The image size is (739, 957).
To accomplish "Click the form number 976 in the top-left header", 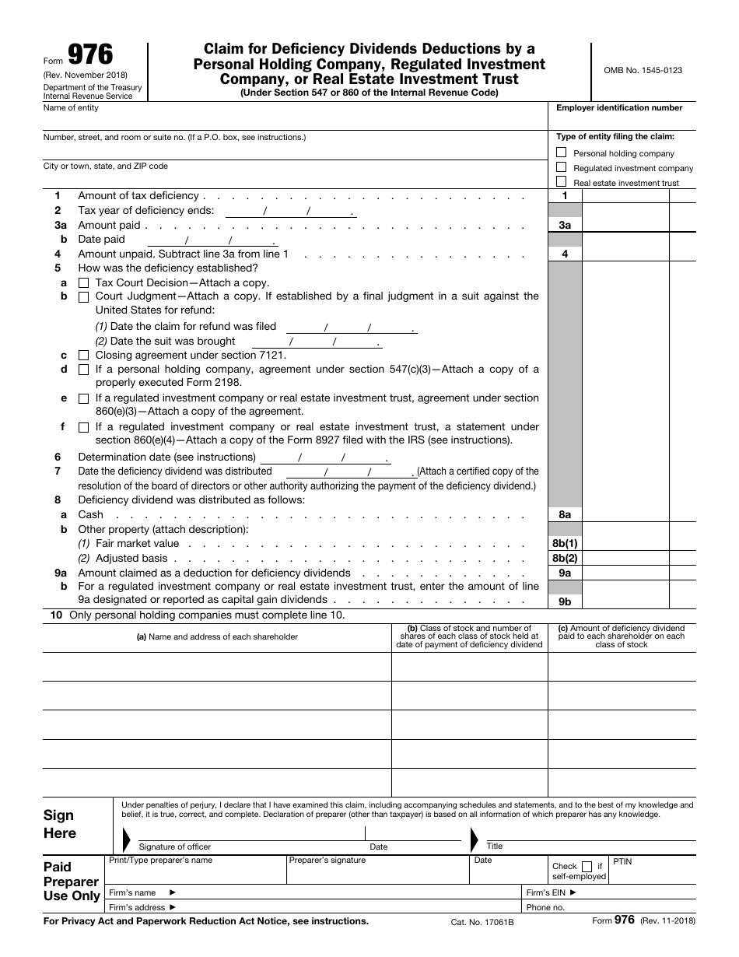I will pyautogui.click(x=89, y=55).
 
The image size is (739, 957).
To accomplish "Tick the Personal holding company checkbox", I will pyautogui.click(x=562, y=152).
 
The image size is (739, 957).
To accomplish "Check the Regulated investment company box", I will pyautogui.click(x=562, y=167).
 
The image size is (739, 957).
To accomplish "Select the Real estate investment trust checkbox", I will pyautogui.click(x=562, y=182).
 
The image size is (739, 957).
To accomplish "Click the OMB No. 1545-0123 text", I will pyautogui.click(x=643, y=70).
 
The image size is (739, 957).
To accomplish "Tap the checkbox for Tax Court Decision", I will pyautogui.click(x=83, y=283).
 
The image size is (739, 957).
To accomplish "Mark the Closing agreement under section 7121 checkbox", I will pyautogui.click(x=83, y=356).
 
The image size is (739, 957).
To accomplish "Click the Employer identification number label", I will pyautogui.click(x=619, y=108).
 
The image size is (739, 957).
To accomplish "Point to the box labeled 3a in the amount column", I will pyautogui.click(x=565, y=225).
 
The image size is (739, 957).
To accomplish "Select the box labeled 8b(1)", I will pyautogui.click(x=565, y=543).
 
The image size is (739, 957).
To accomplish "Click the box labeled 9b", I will pyautogui.click(x=565, y=601).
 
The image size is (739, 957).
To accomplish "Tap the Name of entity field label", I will pyautogui.click(x=71, y=108).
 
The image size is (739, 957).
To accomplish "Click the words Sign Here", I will pyautogui.click(x=60, y=824).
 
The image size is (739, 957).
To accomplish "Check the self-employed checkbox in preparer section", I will pyautogui.click(x=587, y=866).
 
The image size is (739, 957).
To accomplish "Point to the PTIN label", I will pyautogui.click(x=622, y=862).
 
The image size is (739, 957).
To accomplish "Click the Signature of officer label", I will pyautogui.click(x=174, y=847).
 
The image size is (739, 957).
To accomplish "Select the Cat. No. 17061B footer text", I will pyautogui.click(x=482, y=922).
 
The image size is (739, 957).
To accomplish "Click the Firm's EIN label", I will pyautogui.click(x=551, y=892).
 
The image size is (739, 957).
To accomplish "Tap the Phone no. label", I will pyautogui.click(x=545, y=907).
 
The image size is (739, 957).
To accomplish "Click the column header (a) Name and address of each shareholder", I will pyautogui.click(x=217, y=636).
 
